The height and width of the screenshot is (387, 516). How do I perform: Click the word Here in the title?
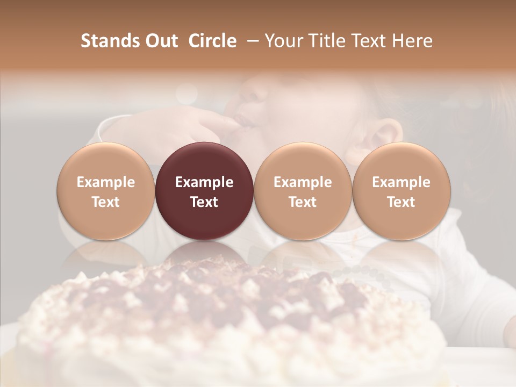point(413,41)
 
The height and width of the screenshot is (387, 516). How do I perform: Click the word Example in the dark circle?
point(204,182)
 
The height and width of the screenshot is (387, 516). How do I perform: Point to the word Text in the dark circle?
point(204,202)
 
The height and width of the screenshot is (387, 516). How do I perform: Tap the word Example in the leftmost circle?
point(106,182)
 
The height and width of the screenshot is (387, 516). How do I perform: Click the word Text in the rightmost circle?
point(401,202)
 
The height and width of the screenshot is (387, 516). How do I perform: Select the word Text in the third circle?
point(303,202)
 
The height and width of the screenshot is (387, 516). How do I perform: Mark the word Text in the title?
point(372,41)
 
